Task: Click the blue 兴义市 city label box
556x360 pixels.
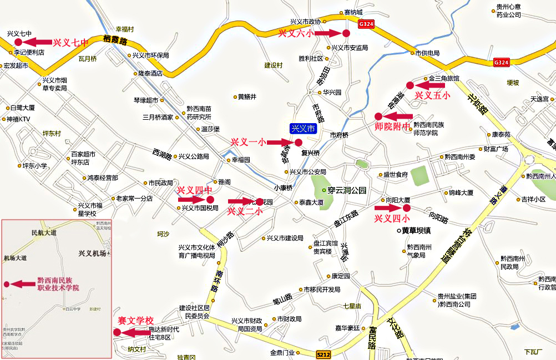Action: click(304, 129)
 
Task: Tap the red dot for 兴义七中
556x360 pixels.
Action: click(18, 42)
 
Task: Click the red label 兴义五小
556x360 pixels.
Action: click(433, 95)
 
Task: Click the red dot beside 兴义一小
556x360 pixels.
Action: click(299, 143)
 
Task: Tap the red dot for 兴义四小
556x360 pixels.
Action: click(406, 208)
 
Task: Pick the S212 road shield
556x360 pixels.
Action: click(324, 354)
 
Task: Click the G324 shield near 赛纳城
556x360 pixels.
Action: click(366, 24)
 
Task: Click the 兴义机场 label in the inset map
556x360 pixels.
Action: click(92, 253)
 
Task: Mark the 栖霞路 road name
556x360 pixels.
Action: click(115, 40)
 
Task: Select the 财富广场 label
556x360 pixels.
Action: click(496, 149)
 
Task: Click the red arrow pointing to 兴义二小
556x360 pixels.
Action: click(240, 201)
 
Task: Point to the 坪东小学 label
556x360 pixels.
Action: click(34, 165)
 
